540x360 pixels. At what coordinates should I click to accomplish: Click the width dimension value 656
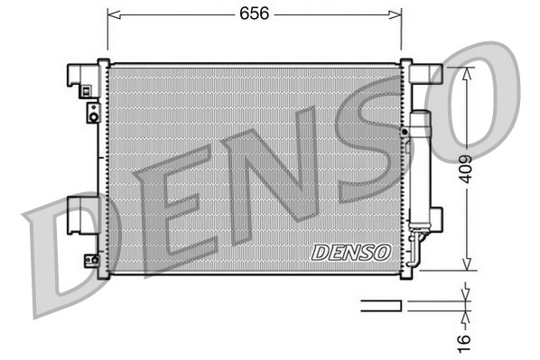point(254,14)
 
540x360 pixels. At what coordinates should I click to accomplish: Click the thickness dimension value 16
point(464,340)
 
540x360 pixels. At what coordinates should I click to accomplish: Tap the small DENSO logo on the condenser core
point(351,253)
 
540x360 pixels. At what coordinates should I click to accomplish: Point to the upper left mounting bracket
point(82,78)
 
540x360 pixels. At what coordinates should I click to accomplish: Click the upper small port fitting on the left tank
point(92,113)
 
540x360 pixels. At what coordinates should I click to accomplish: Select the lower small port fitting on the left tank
point(92,260)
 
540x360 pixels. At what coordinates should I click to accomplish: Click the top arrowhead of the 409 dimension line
point(464,72)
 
